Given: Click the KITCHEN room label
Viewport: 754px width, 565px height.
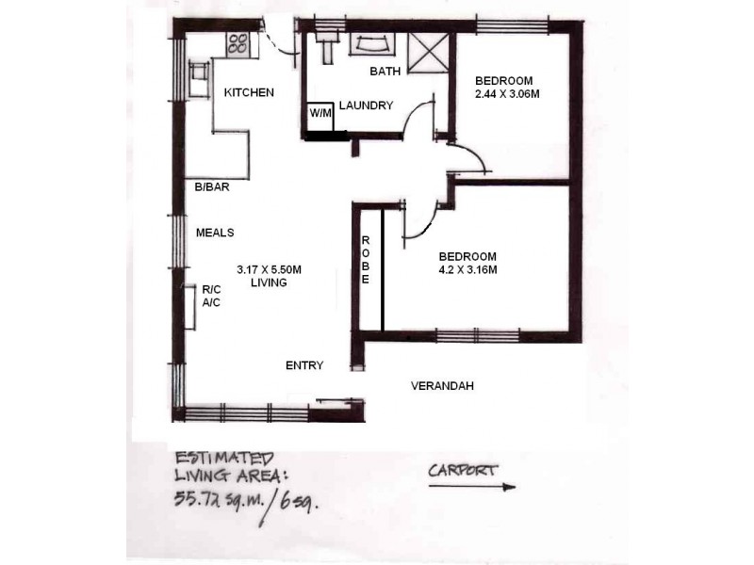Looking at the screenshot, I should [249, 92].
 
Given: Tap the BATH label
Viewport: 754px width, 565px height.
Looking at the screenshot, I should [385, 72].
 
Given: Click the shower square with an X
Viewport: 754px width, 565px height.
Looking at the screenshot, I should [430, 48].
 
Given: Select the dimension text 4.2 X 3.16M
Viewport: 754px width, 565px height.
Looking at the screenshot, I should [467, 270].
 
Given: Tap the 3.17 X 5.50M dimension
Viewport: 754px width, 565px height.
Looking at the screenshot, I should [269, 269].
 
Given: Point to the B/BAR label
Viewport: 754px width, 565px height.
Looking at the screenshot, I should [212, 186].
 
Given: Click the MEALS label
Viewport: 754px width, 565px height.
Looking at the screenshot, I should [214, 232].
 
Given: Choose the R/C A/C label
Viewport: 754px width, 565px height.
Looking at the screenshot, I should [211, 297].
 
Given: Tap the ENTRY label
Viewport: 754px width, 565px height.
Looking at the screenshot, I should [304, 365].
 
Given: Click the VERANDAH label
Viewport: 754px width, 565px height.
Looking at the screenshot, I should [442, 386].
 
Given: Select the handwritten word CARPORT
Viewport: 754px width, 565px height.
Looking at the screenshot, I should [463, 470].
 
